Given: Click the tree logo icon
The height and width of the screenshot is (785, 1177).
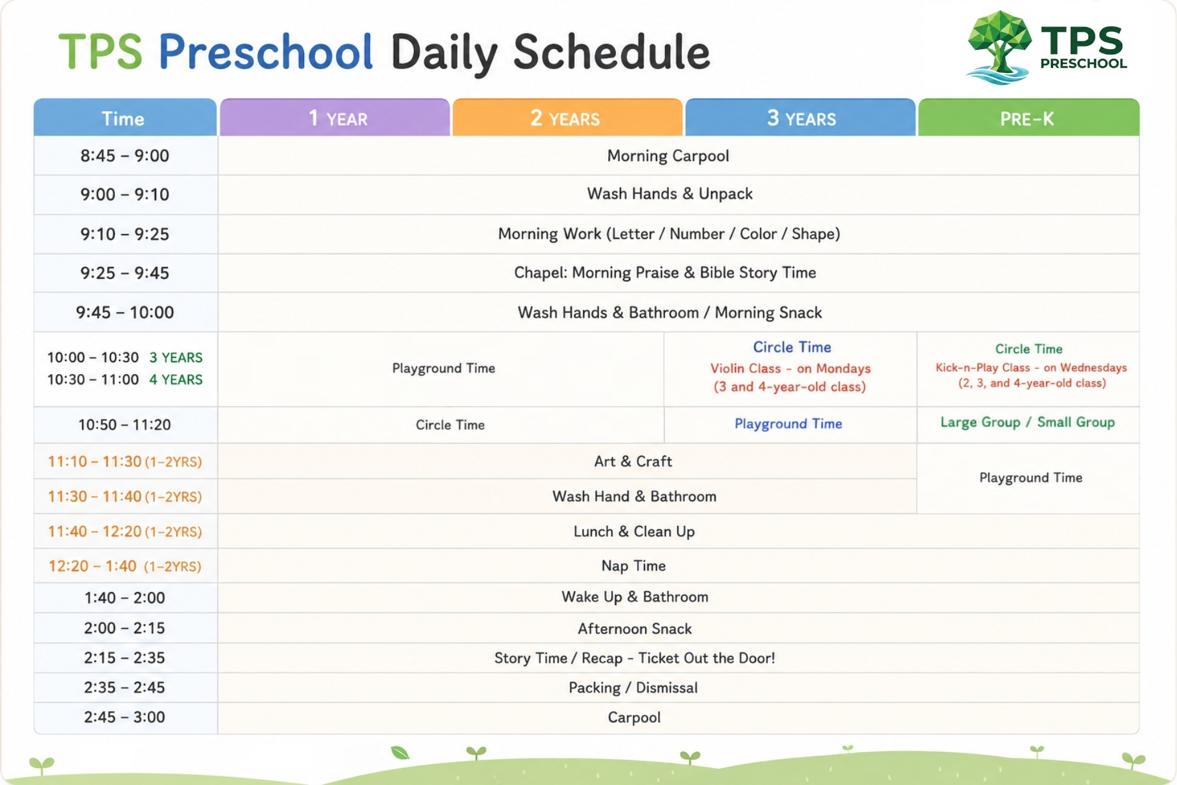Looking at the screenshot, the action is click(x=999, y=47).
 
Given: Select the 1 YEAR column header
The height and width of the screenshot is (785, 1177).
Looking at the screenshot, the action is click(x=335, y=118).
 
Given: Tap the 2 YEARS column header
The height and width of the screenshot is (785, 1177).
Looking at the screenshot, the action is click(x=568, y=118).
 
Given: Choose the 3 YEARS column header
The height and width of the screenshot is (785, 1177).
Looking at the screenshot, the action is click(x=801, y=118).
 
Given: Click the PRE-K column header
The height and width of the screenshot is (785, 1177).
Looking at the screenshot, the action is click(x=1029, y=118).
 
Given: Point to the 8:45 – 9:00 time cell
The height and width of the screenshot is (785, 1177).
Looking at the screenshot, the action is click(x=125, y=156).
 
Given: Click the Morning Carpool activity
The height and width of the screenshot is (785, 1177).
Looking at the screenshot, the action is click(x=668, y=156).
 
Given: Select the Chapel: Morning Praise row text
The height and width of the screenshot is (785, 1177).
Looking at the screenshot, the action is click(x=665, y=273).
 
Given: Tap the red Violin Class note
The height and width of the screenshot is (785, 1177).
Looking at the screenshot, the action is click(x=790, y=377).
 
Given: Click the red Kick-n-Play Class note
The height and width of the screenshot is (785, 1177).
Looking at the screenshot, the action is click(x=1031, y=375).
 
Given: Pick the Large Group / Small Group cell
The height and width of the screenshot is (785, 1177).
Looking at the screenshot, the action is click(x=1028, y=423).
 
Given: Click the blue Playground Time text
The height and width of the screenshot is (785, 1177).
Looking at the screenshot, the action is click(x=788, y=424).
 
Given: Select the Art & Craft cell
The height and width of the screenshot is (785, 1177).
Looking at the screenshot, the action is click(x=633, y=461).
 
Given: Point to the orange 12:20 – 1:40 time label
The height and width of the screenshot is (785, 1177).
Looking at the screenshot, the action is click(x=125, y=566).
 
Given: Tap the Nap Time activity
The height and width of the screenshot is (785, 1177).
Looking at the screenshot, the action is click(x=633, y=566).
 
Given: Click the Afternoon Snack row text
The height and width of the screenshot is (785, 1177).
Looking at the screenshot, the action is click(x=635, y=629).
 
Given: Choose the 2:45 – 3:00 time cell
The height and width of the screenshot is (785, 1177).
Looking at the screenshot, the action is click(x=125, y=717).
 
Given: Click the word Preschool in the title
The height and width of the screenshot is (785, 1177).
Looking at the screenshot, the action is click(x=265, y=52).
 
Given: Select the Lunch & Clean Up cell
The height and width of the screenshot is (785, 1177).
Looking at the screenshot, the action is click(x=634, y=532).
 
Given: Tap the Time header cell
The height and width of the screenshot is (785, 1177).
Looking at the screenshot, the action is click(x=125, y=118).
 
